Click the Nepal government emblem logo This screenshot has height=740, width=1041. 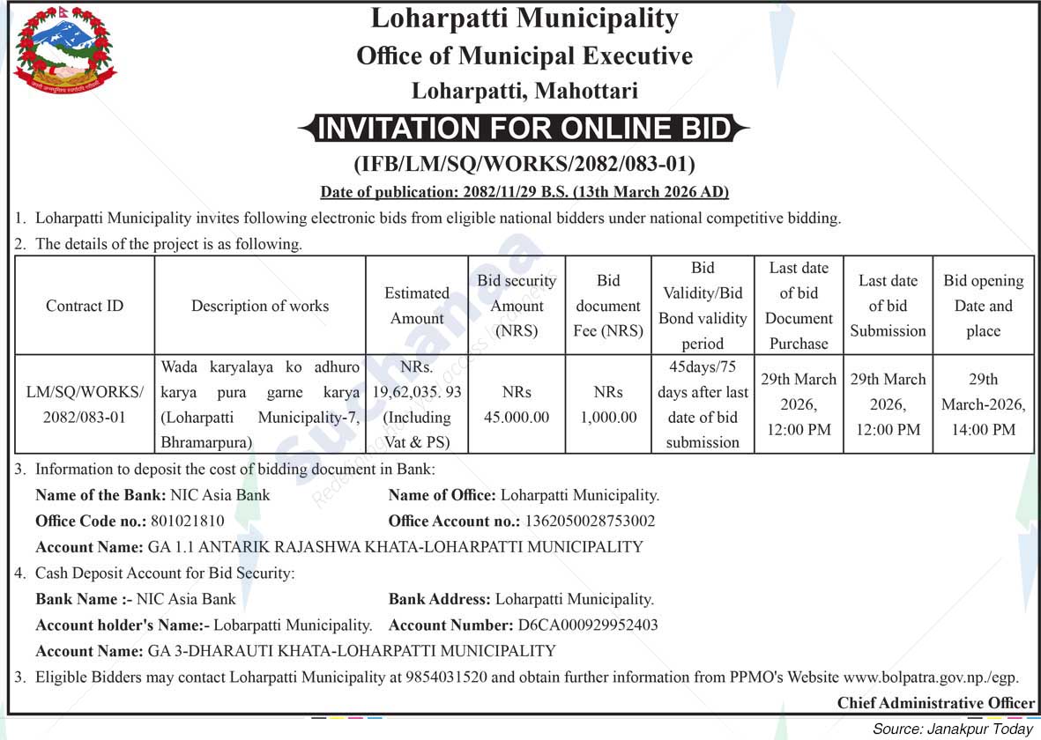click(x=65, y=52)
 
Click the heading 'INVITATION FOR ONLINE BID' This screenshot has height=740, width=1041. click(x=524, y=129)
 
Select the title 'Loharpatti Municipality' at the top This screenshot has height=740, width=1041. click(x=524, y=18)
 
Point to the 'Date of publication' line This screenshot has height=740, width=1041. click(x=524, y=191)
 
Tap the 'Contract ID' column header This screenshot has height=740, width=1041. click(x=85, y=306)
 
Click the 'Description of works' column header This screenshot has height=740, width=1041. click(x=260, y=306)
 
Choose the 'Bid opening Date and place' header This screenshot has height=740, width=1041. click(x=983, y=306)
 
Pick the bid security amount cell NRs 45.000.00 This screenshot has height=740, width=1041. click(x=517, y=404)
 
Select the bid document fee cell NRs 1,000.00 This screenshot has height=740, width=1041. click(x=608, y=404)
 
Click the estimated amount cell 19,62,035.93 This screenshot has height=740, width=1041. click(x=417, y=404)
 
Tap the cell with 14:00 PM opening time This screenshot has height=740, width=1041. click(x=983, y=404)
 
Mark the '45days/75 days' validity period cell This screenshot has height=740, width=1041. click(x=703, y=404)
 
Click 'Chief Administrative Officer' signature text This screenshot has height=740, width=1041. click(x=936, y=702)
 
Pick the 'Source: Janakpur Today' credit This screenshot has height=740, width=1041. click(x=952, y=729)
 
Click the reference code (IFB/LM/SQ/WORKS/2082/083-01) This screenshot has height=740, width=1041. click(x=524, y=164)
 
